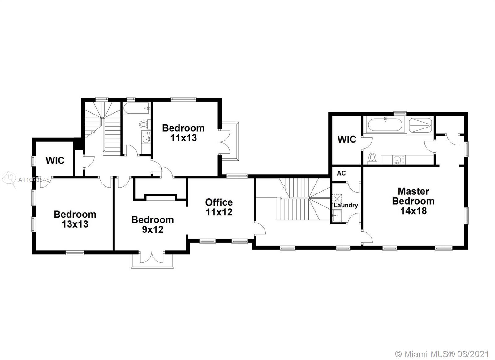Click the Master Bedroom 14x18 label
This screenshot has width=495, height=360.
click(x=413, y=201)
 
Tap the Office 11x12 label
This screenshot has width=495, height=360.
click(x=219, y=207)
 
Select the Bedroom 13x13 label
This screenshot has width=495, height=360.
click(x=75, y=219)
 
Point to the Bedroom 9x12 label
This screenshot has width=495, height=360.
click(x=153, y=224)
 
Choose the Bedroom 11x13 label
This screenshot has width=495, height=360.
click(x=183, y=133)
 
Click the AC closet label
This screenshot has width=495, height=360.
click(x=341, y=173)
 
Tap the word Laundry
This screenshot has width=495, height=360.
click(x=346, y=205)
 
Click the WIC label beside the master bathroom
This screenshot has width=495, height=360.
click(x=347, y=139)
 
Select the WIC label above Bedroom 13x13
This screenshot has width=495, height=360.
click(x=55, y=160)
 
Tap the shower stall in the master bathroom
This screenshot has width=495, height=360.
click(x=420, y=125)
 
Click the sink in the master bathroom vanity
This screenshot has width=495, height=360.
click(x=397, y=160)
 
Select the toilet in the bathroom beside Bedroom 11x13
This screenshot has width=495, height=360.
click(x=144, y=124)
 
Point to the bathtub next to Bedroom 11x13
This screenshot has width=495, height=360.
click(x=136, y=108)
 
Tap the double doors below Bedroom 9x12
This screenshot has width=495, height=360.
click(x=152, y=257)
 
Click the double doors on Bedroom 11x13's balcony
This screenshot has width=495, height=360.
click(x=225, y=142)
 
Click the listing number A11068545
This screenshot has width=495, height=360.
click(x=34, y=180)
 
